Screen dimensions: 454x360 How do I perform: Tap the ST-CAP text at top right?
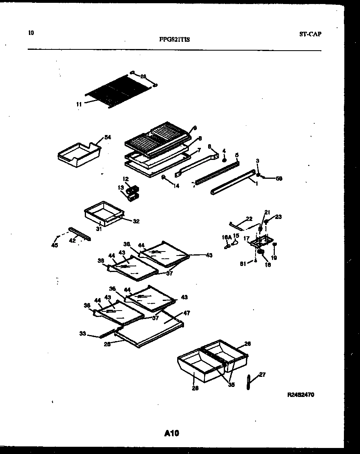point(310,34)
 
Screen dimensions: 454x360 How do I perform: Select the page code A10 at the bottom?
point(172,433)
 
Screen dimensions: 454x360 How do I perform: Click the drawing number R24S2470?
point(301,395)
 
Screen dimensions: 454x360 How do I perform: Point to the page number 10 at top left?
point(31,33)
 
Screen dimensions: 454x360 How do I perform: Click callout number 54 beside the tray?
point(107,137)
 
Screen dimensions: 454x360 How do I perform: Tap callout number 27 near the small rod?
point(262,375)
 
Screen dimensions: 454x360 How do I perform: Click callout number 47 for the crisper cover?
point(186,313)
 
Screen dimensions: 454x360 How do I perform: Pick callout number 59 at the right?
point(279,178)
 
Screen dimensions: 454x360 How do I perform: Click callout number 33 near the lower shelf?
point(83,333)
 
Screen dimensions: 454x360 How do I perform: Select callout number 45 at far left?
point(55,245)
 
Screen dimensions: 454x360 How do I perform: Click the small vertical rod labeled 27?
point(248,382)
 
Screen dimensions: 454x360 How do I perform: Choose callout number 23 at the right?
point(278,217)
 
